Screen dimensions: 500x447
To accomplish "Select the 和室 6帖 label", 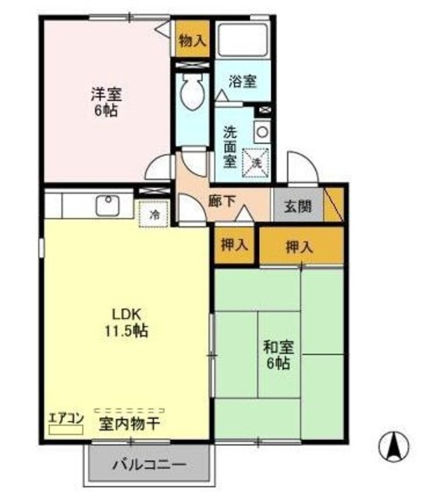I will click(x=277, y=354).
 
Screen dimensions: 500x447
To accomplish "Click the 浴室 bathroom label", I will click(x=242, y=80).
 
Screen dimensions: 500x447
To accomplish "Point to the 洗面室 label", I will click(x=229, y=147).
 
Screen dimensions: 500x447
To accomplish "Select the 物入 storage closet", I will click(x=192, y=41).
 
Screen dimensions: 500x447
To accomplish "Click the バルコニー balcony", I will click(x=149, y=466).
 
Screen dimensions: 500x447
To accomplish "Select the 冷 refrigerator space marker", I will click(x=154, y=213).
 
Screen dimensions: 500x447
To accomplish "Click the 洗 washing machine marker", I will click(x=256, y=161).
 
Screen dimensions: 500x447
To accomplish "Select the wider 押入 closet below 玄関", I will click(x=300, y=247).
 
